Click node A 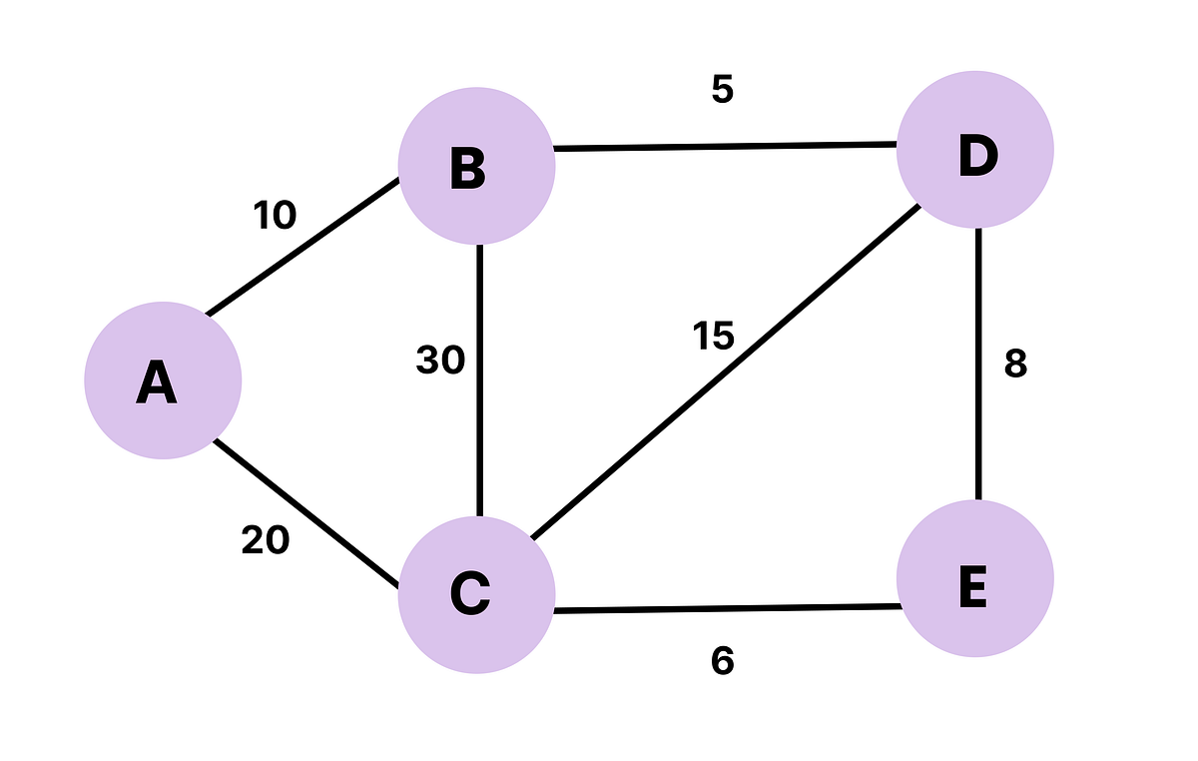pos(163,380)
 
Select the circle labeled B pos(476,166)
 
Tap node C pos(476,595)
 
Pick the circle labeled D pos(974,150)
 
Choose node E pos(974,579)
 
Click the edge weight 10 pos(276,216)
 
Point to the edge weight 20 pos(266,540)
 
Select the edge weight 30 pos(440,361)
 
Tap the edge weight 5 pos(723,90)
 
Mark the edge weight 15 pos(713,337)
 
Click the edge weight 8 pos(1015,365)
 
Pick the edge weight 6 pos(723,660)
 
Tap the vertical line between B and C pos(480,380)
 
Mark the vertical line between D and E pos(978,365)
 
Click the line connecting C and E pos(725,608)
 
